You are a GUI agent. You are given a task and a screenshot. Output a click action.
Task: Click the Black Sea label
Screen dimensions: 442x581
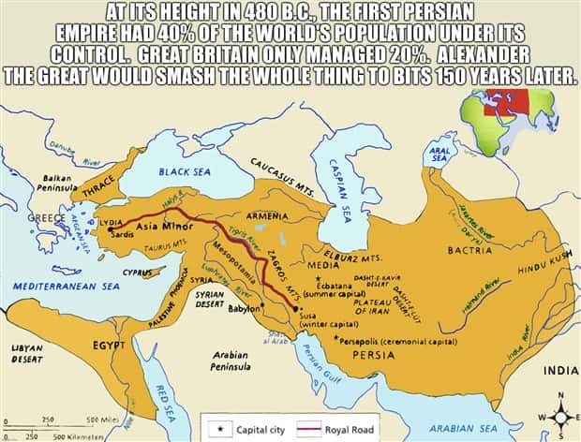click(x=185, y=172)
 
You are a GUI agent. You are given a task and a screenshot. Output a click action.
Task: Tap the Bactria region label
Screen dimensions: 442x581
click(x=470, y=251)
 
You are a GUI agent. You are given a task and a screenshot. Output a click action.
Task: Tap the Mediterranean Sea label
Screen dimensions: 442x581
click(x=66, y=285)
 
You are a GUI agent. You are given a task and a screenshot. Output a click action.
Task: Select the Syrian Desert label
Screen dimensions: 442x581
click(x=216, y=298)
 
